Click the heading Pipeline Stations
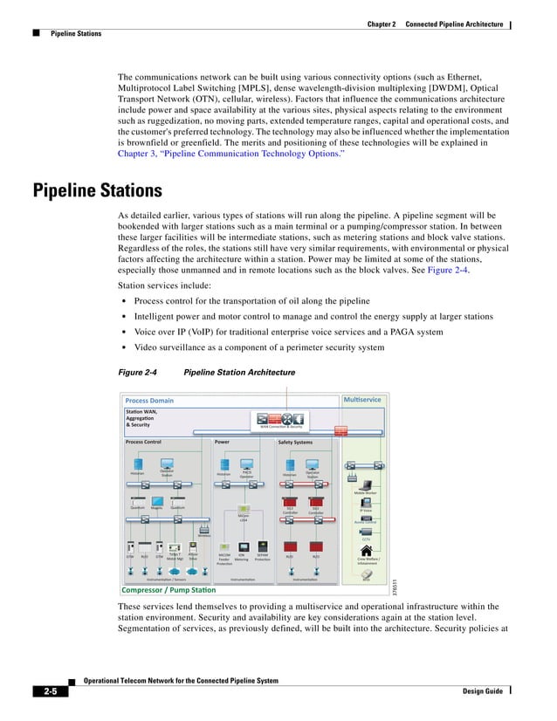pos(97,189)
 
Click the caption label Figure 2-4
pos(137,373)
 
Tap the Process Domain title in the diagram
pos(149,401)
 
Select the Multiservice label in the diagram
pos(362,400)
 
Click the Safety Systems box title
pos(295,443)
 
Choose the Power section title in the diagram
pos(223,443)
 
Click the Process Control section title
pos(144,443)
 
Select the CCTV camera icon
pos(367,531)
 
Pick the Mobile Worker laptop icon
pos(366,484)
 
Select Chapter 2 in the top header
pos(383,24)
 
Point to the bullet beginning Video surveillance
pos(258,347)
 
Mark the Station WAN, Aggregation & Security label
pos(147,417)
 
